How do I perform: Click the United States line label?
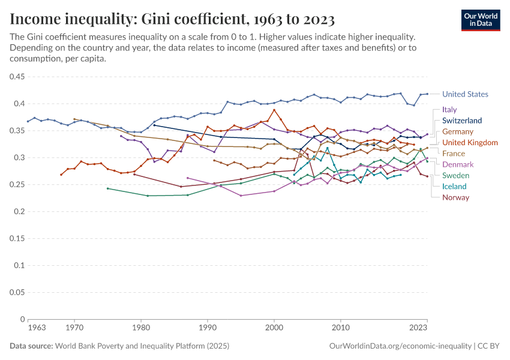click(465, 94)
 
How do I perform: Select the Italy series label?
click(449, 110)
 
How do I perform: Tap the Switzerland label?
click(462, 121)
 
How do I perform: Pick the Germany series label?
click(457, 131)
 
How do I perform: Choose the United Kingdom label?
click(470, 142)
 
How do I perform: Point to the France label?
click(453, 154)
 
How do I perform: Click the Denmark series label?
click(458, 164)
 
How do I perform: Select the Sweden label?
click(455, 176)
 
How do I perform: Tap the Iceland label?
click(455, 187)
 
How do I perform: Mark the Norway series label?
click(455, 197)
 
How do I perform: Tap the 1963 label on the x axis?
click(37, 328)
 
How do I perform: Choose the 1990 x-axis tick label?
click(208, 328)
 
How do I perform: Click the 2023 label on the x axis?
click(418, 328)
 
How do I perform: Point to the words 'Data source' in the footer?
click(31, 346)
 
